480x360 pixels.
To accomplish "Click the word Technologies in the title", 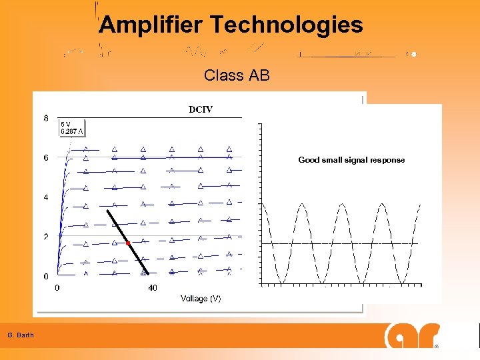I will coord(287,25).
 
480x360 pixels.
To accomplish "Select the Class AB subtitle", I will coord(237,75).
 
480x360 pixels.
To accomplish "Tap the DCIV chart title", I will coord(201,109).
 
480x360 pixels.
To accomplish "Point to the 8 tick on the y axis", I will coord(45,119).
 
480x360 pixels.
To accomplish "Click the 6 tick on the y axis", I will coord(45,158).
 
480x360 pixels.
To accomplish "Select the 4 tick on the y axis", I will coord(45,197).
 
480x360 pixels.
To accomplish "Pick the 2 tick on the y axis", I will coord(45,237).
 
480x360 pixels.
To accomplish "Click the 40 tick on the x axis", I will coord(153,288).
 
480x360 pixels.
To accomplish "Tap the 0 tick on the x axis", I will coord(57,288).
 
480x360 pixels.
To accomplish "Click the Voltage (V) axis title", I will coord(201,299).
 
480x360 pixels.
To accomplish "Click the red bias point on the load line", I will coord(128,243).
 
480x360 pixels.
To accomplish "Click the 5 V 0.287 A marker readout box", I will coord(72,127).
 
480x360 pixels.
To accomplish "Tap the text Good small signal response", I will coord(351,160).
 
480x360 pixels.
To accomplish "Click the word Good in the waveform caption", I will coord(309,160).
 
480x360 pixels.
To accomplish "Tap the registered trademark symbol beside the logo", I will coord(437,347).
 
